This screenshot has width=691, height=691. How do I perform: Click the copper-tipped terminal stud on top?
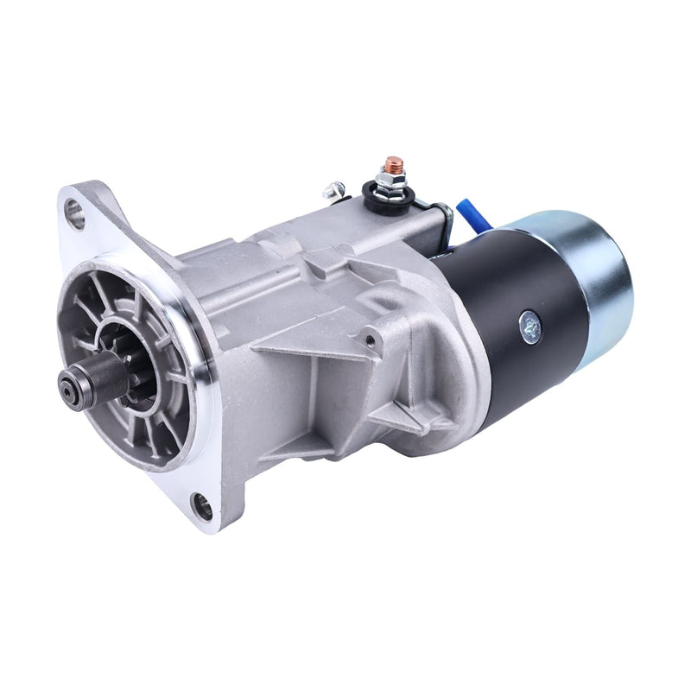tap(393, 162)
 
